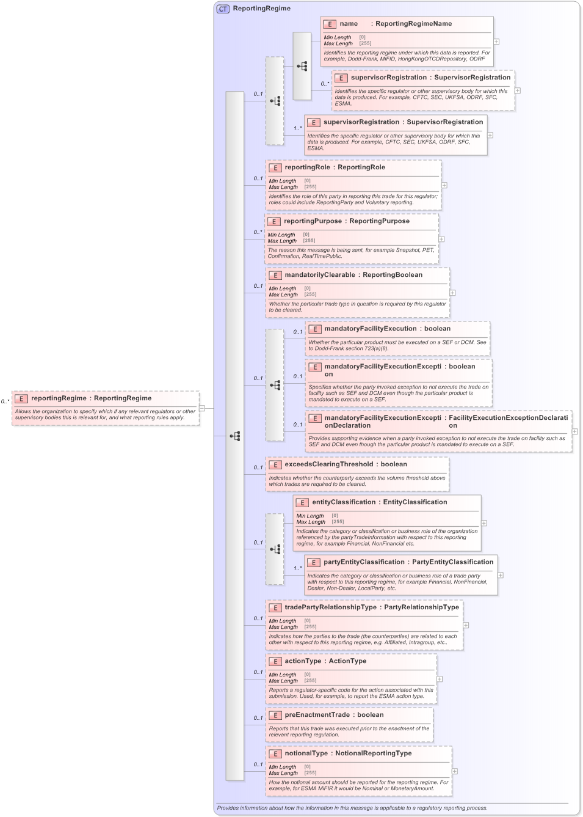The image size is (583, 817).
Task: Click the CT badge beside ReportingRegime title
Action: coord(223,9)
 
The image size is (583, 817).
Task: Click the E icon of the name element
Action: coord(330,24)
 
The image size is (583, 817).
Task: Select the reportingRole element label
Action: coord(307,167)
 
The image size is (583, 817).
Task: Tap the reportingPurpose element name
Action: coord(313,221)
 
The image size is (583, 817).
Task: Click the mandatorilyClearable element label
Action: coord(319,275)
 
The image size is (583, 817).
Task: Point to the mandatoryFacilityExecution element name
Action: coord(370,329)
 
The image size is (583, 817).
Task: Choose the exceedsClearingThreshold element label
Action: coord(328,464)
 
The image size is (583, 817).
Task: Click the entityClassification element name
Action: coord(344,502)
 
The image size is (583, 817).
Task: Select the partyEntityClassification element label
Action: coord(364,562)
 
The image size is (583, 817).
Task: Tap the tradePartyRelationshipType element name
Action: coord(330,607)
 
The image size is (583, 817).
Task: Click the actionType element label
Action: coord(303,661)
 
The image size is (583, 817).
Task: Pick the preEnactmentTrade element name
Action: coord(317,715)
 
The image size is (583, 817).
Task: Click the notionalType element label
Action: coord(306,753)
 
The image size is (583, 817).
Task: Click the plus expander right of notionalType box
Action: coord(455,771)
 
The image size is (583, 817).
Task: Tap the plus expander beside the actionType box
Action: coord(440,679)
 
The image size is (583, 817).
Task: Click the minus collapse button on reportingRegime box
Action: coord(202,408)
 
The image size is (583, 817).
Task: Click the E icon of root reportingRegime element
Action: coord(21,398)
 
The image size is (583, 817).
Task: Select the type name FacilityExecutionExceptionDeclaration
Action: coord(508,422)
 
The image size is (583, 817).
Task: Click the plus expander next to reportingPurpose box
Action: coord(441,239)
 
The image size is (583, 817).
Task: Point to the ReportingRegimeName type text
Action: coord(413,24)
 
